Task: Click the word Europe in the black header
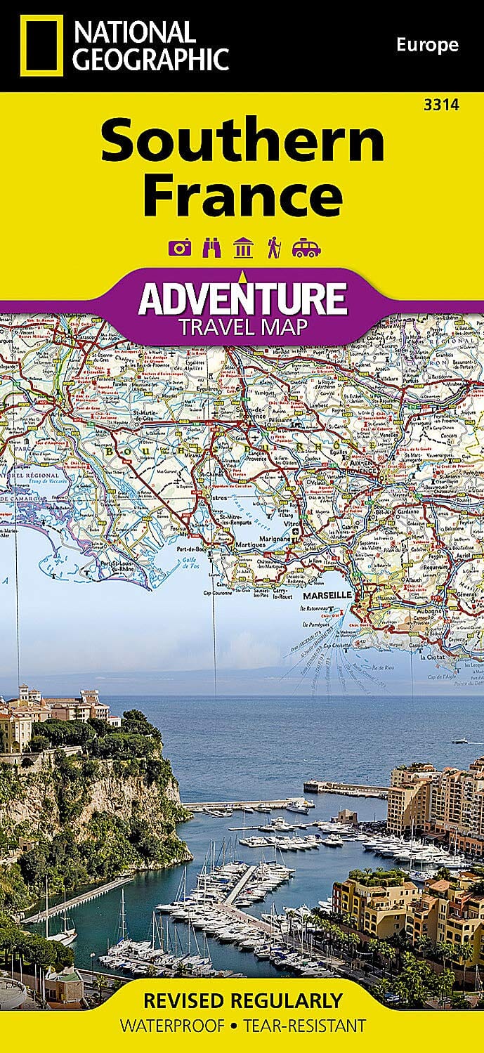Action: (426, 46)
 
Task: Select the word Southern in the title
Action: (242, 143)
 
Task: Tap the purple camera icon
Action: (178, 247)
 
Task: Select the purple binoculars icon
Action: (211, 247)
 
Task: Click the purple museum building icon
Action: (243, 247)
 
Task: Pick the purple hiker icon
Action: (273, 247)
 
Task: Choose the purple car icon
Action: (306, 247)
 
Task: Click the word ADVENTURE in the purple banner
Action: (242, 298)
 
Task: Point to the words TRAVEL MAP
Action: (242, 327)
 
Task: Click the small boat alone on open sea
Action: (459, 740)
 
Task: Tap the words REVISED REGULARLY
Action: (242, 1000)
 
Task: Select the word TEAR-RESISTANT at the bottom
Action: (305, 1025)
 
